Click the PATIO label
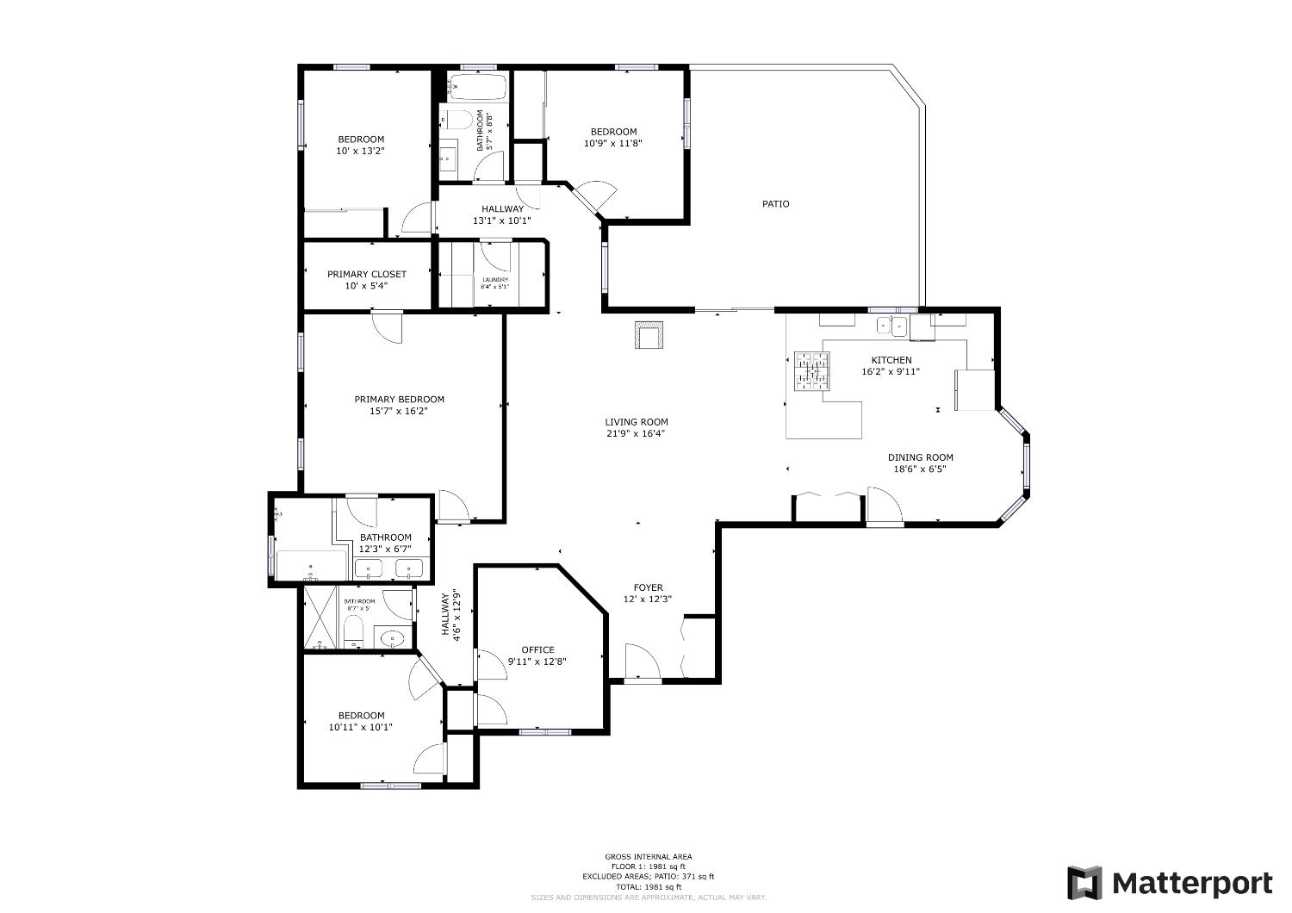coord(775,204)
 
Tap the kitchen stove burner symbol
coord(811,370)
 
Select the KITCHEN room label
coord(891,360)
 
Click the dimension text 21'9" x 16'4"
coord(636,433)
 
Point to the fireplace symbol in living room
coord(649,335)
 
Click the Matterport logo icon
coord(1084,883)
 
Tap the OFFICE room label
coord(537,649)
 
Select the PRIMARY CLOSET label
coord(366,274)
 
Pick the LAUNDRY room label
coord(494,279)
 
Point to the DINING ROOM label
coord(920,457)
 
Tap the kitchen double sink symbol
coord(891,325)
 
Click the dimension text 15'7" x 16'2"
coord(399,411)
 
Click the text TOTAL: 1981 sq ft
coord(648,886)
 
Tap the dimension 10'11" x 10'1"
coord(360,726)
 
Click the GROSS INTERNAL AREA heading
coord(648,856)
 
